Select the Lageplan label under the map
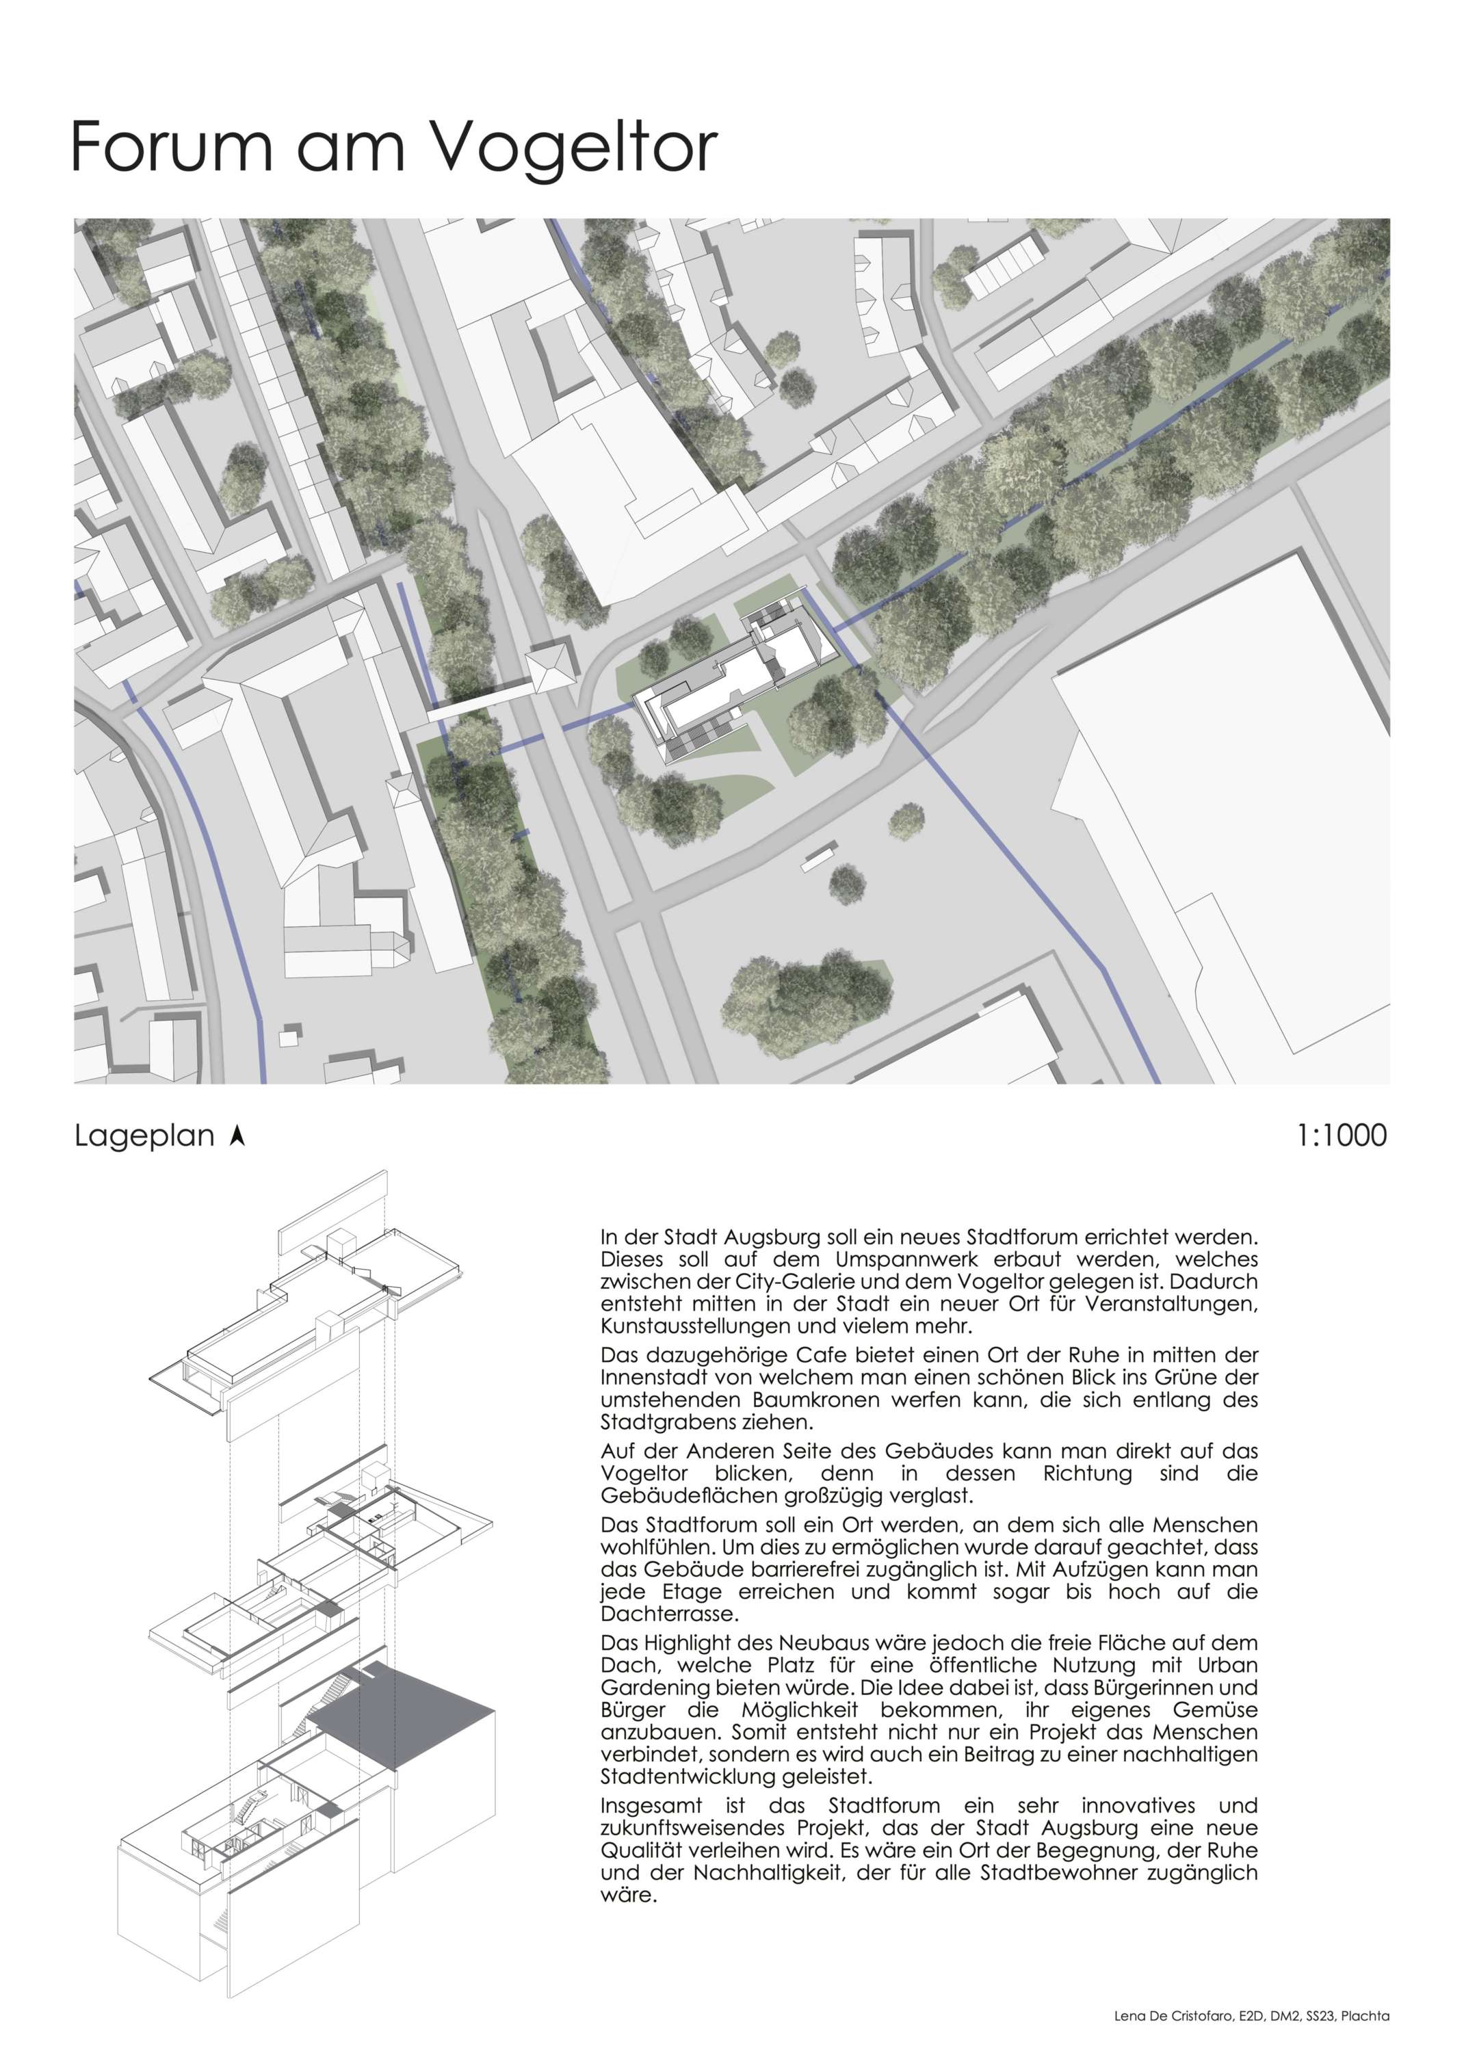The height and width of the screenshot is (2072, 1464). (144, 1136)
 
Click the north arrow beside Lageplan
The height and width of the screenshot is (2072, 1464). (237, 1136)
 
